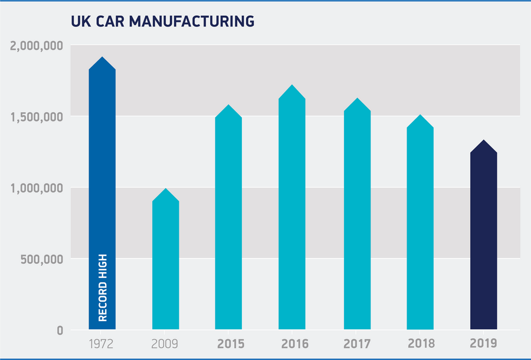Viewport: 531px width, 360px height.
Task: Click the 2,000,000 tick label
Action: tap(37, 46)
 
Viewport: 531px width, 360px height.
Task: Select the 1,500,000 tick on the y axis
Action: tap(37, 117)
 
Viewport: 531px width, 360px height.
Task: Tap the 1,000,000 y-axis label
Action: tap(37, 188)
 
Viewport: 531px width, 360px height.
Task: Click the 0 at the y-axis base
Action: tap(60, 330)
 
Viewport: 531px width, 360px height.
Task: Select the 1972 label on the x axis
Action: tap(102, 343)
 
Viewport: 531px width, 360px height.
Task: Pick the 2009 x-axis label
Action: tap(166, 343)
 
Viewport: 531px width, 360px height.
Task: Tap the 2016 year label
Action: tap(291, 343)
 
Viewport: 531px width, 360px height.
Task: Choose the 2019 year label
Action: tap(483, 343)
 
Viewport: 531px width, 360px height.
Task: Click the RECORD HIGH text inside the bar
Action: tap(103, 288)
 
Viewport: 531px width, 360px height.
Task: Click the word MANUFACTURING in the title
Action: tap(191, 21)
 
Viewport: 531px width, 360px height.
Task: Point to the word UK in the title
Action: tap(79, 21)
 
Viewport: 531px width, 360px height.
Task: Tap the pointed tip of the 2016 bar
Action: tap(291, 86)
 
